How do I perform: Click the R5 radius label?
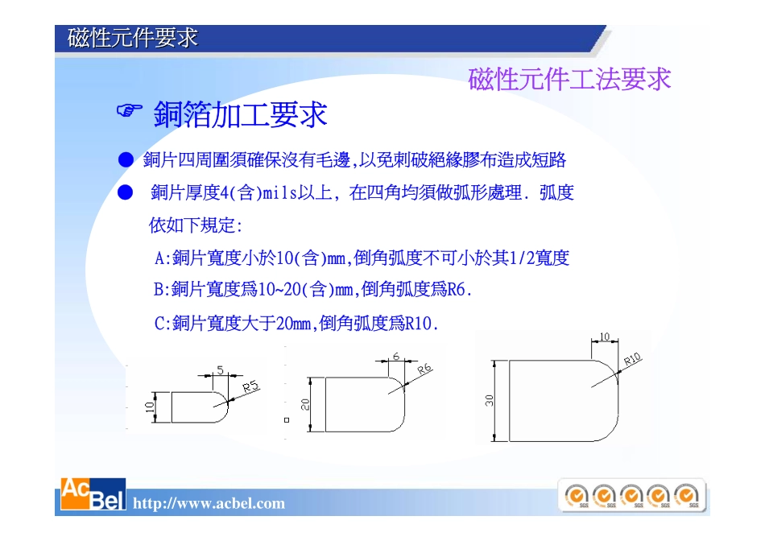[x=252, y=387]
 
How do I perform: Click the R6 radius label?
[x=424, y=368]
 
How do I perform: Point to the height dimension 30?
[x=490, y=400]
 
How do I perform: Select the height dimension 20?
[x=306, y=403]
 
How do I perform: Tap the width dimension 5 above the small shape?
[x=220, y=370]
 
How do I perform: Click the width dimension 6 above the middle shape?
[x=396, y=356]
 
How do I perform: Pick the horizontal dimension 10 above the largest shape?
[x=605, y=337]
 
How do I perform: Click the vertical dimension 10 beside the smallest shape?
[x=150, y=407]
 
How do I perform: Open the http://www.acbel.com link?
[x=209, y=504]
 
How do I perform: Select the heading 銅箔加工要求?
[x=240, y=115]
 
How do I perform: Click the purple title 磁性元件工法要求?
[x=569, y=80]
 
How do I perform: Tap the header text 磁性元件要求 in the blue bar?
[x=133, y=38]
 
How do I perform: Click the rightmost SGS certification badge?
[x=687, y=495]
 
